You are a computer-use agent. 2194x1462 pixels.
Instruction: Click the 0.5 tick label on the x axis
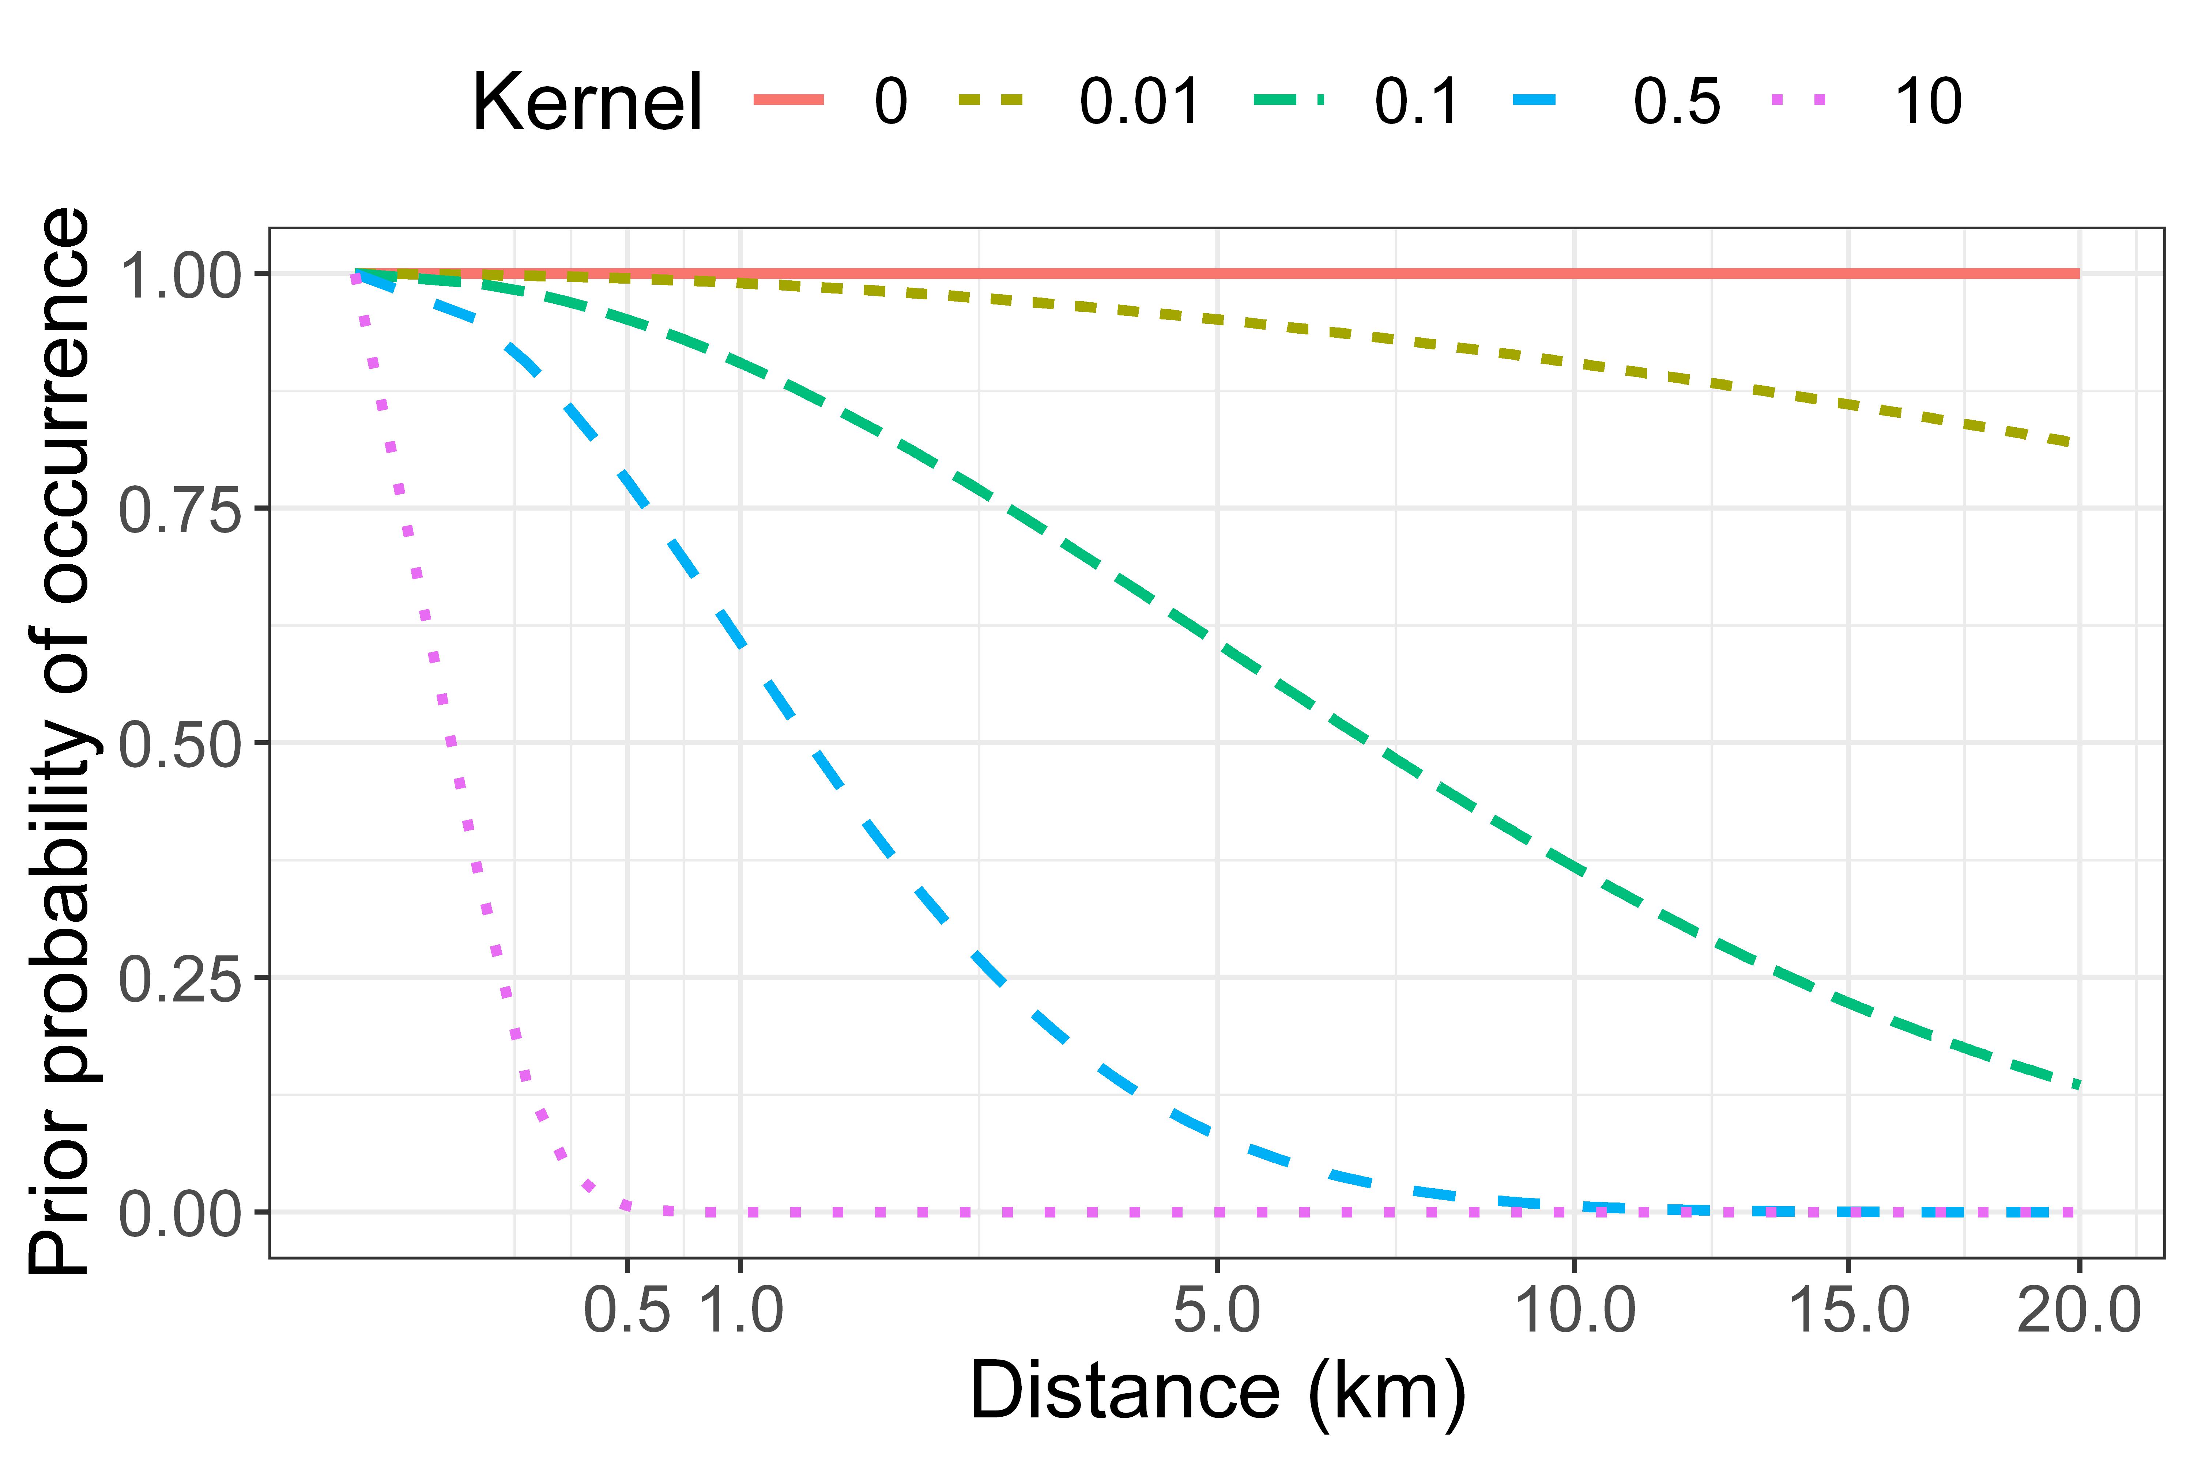627,1310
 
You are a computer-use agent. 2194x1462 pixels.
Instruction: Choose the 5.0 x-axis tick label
1217,1310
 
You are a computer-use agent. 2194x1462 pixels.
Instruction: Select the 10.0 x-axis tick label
1575,1310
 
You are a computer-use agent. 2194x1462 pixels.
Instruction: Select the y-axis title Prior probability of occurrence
58,741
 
